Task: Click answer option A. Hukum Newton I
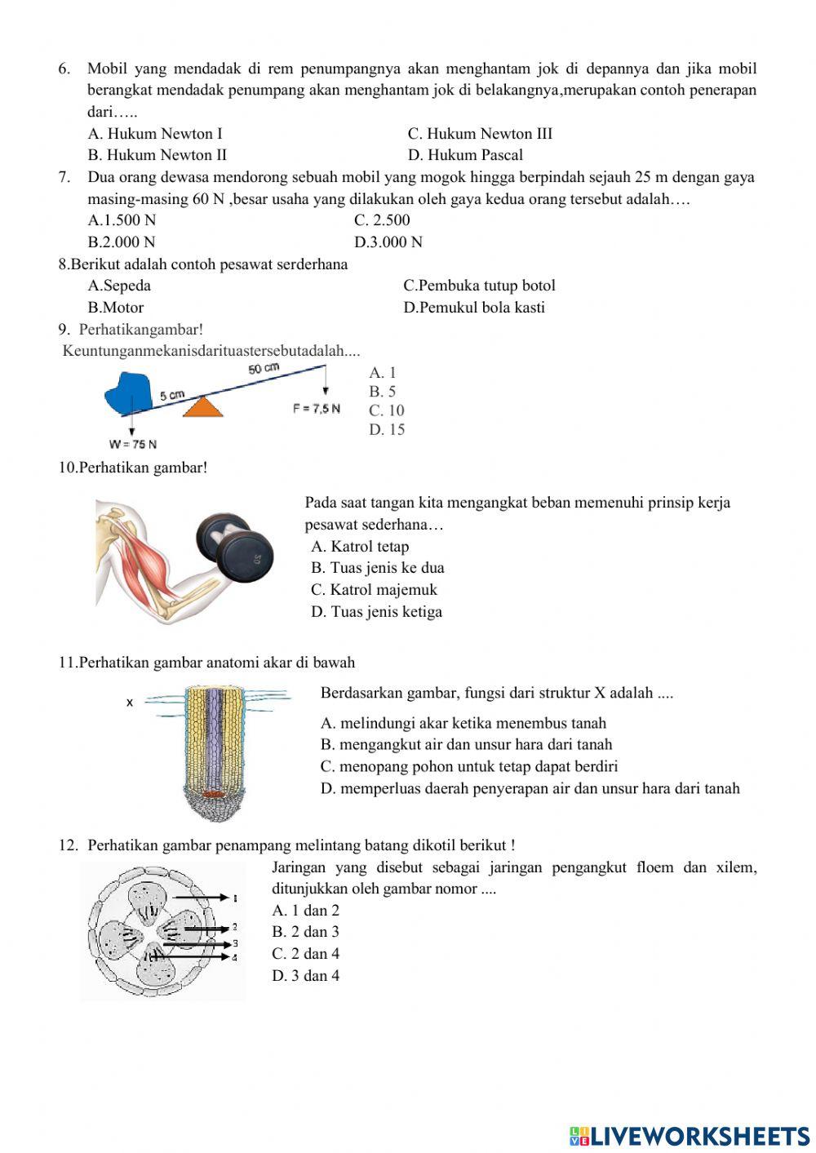pyautogui.click(x=155, y=134)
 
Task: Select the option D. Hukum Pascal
pyautogui.click(x=465, y=155)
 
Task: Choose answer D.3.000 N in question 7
pyautogui.click(x=388, y=242)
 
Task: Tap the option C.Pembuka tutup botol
pyautogui.click(x=479, y=286)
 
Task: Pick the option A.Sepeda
pyautogui.click(x=119, y=286)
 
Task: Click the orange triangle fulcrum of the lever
pyautogui.click(x=202, y=406)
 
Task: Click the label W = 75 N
pyautogui.click(x=132, y=445)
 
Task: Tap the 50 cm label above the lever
pyautogui.click(x=264, y=369)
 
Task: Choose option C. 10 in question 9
pyautogui.click(x=386, y=410)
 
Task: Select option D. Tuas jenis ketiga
pyautogui.click(x=376, y=612)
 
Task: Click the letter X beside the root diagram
pyautogui.click(x=129, y=702)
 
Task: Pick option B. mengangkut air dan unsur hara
pyautogui.click(x=466, y=744)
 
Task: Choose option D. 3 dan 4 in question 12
pyautogui.click(x=305, y=976)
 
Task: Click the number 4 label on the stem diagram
pyautogui.click(x=235, y=956)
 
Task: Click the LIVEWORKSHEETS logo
pyautogui.click(x=690, y=1136)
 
